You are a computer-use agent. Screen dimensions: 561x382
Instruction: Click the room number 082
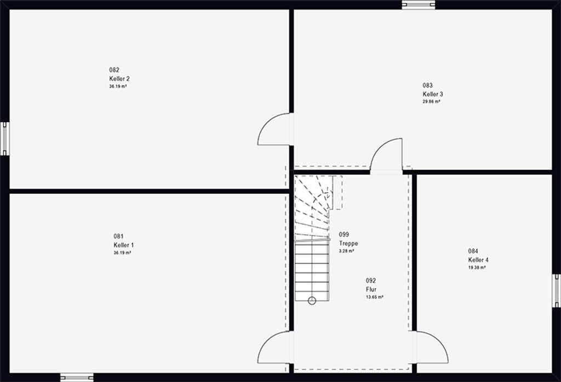click(x=114, y=70)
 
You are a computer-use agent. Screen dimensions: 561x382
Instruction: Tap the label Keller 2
click(x=119, y=79)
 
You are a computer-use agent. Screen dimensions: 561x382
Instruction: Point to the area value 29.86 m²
click(x=432, y=102)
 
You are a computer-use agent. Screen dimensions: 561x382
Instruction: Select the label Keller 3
click(x=433, y=94)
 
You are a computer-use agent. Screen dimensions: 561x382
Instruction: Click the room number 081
click(x=118, y=236)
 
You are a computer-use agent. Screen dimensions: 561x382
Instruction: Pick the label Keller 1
click(x=124, y=245)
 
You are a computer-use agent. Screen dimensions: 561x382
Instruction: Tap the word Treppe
click(x=348, y=243)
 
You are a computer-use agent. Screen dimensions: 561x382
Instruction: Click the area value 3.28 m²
click(x=347, y=252)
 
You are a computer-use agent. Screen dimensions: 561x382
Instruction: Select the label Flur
click(x=371, y=289)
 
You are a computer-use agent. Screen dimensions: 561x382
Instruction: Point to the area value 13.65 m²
click(x=375, y=297)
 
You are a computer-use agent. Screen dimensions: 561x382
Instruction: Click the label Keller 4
click(x=478, y=260)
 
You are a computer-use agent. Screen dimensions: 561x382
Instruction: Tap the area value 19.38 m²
click(x=477, y=267)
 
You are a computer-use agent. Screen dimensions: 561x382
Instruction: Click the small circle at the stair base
click(x=312, y=301)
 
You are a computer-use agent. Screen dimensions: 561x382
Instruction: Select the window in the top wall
click(x=419, y=4)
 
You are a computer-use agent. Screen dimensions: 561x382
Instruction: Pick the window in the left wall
click(x=4, y=139)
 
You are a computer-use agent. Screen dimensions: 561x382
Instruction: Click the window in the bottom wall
click(x=77, y=378)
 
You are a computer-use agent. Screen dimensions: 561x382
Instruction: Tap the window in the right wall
click(x=557, y=290)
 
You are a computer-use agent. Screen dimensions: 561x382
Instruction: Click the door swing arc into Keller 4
click(x=439, y=341)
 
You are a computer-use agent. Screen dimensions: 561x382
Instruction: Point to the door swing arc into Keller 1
click(x=267, y=341)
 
